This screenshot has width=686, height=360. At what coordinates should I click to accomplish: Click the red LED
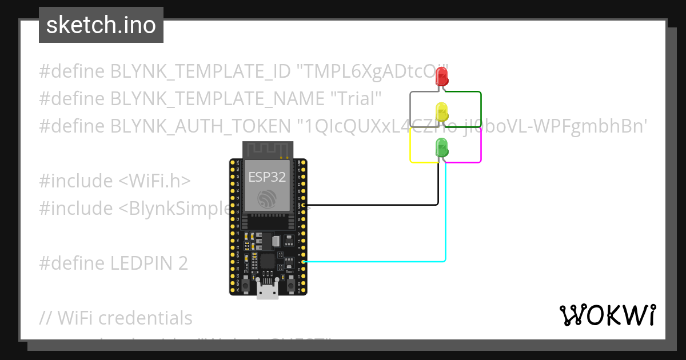[x=441, y=76]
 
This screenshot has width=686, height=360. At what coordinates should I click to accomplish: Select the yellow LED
[x=441, y=111]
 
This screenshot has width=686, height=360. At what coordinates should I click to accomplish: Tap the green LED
[x=441, y=147]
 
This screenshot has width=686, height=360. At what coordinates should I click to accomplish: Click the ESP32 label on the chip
[x=267, y=177]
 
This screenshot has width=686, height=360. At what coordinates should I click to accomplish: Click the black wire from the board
[x=372, y=205]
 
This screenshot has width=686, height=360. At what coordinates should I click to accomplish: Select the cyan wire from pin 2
[x=372, y=262]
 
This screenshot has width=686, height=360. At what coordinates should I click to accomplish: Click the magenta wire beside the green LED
[x=481, y=146]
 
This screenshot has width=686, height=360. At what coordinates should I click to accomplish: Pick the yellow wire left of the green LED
[x=410, y=146]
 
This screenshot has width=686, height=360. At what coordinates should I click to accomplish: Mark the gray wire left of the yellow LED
[x=410, y=109]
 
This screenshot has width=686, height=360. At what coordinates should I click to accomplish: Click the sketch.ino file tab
[x=101, y=25]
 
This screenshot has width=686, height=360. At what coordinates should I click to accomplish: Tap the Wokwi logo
[x=607, y=315]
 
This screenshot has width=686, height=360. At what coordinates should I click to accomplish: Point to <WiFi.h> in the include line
[x=154, y=181]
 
